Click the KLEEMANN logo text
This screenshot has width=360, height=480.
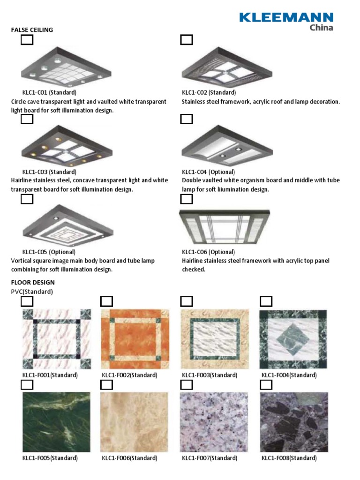(286, 17)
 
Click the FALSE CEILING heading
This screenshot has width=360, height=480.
(32, 30)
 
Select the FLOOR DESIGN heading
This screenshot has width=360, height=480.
(33, 283)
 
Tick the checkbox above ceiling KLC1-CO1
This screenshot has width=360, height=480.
(27, 40)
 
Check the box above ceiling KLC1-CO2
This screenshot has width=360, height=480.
(187, 40)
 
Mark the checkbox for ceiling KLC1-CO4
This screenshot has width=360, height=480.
(187, 119)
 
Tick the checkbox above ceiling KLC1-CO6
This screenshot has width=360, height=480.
(187, 199)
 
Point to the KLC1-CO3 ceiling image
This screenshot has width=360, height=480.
(67, 145)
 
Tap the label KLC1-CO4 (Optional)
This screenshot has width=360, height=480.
(208, 172)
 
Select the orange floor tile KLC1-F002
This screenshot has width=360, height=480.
(135, 339)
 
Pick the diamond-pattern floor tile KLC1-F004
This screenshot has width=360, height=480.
(293, 339)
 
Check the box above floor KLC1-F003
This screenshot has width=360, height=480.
(187, 301)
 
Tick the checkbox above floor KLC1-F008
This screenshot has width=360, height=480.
(266, 385)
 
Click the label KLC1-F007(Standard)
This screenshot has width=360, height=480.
(209, 458)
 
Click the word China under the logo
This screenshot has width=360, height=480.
(322, 28)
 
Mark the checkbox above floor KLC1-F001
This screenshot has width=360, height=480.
(27, 301)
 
